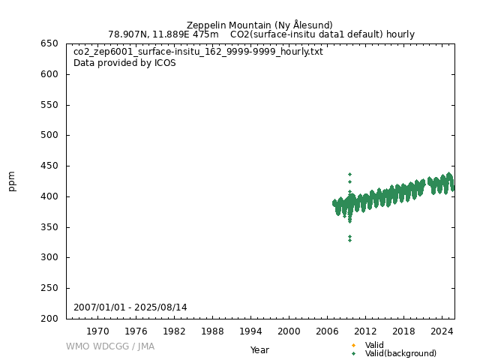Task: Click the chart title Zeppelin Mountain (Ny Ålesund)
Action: click(259, 25)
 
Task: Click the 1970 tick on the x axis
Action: click(97, 331)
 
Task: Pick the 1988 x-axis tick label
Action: click(212, 331)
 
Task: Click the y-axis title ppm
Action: click(12, 181)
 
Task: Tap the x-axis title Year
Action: click(259, 349)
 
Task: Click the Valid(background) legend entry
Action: click(400, 353)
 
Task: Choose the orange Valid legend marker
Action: click(353, 345)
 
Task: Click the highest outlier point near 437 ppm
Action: click(349, 174)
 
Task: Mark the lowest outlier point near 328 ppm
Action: click(349, 241)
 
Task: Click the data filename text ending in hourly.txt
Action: click(198, 52)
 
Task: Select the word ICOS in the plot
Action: click(164, 63)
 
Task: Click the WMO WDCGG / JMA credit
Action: click(110, 346)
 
